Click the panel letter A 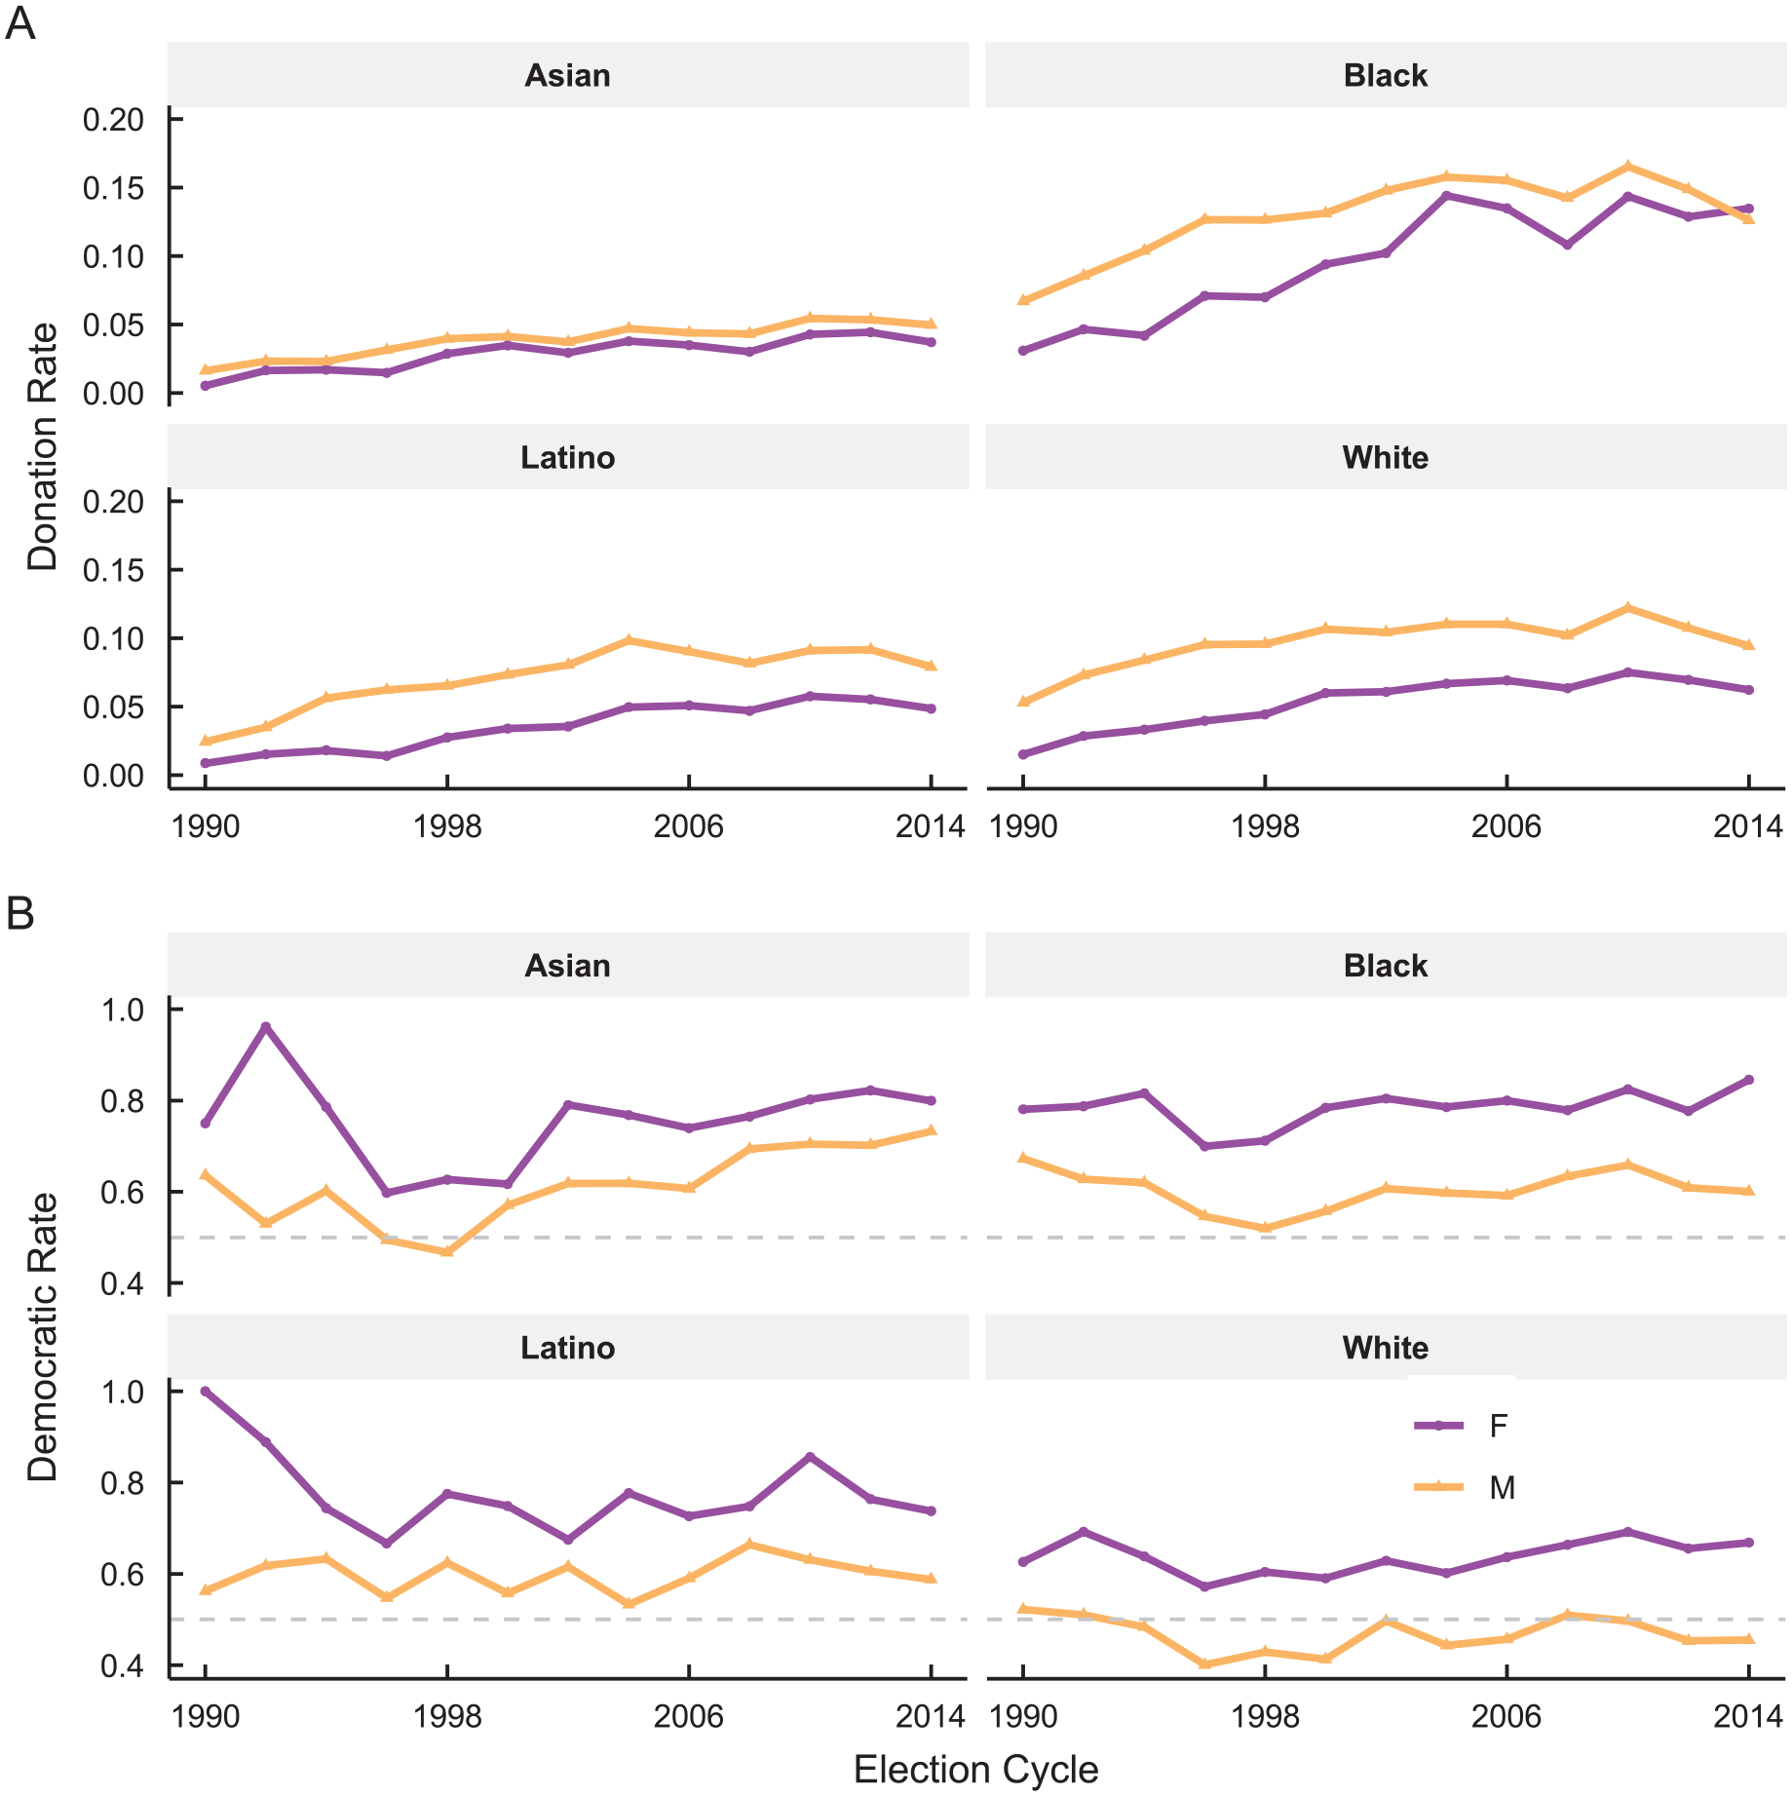coord(20,23)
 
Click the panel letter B coord(20,914)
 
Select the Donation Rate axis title coord(43,447)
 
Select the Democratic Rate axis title coord(43,1337)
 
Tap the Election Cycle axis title coord(975,1769)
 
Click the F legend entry coord(1462,1426)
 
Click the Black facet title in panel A coord(1385,75)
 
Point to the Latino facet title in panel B coord(568,1348)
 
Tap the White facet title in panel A coord(1385,457)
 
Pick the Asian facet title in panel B coord(568,966)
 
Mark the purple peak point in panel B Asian coord(265,1027)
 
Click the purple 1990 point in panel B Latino coord(205,1391)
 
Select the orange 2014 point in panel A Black coord(1749,218)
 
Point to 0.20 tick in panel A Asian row coord(113,120)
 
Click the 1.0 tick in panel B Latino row coord(122,1392)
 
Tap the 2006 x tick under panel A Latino coord(688,826)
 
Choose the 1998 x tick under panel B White coord(1264,1717)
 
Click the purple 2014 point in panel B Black coord(1749,1080)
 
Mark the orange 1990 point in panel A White coord(1022,702)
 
